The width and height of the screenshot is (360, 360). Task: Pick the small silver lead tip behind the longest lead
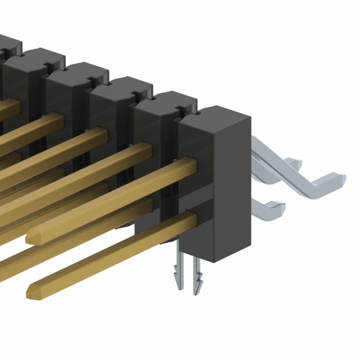point(293,163)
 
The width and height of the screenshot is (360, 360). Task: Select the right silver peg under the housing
point(196,276)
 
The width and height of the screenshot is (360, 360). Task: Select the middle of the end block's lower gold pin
point(110,253)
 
